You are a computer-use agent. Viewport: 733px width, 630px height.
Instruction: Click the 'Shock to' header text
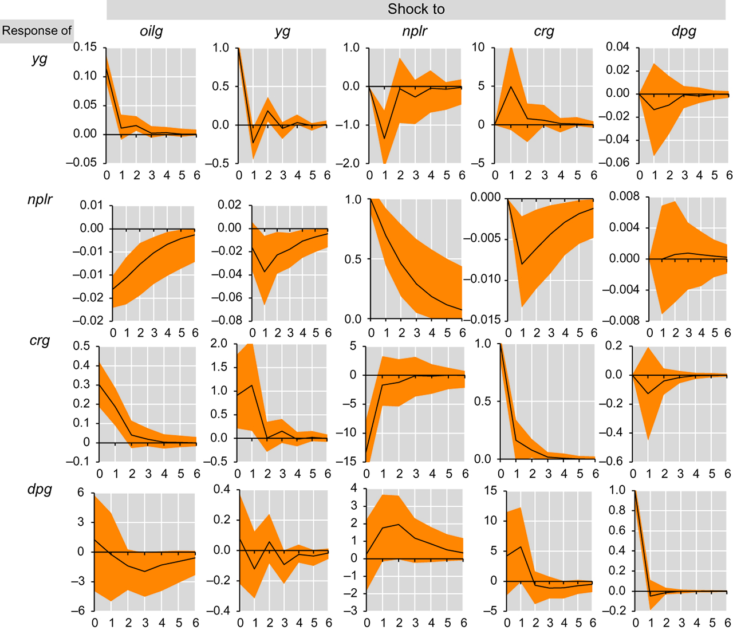[416, 9]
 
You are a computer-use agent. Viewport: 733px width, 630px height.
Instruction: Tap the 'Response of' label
[37, 30]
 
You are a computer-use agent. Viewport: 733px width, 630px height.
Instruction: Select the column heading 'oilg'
[151, 31]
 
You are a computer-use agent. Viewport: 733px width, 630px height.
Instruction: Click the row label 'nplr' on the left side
[40, 200]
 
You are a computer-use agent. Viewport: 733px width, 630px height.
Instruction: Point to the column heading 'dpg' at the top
[684, 31]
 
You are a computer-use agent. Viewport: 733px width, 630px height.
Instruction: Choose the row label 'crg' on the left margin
[40, 341]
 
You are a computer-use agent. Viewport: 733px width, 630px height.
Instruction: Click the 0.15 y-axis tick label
[85, 48]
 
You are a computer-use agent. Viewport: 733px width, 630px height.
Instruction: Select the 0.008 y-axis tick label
[624, 197]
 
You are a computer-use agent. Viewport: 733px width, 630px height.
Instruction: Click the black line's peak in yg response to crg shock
[511, 86]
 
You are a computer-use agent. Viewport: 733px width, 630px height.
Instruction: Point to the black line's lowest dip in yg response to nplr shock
[385, 138]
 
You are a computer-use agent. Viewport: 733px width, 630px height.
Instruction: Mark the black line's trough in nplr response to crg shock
[522, 264]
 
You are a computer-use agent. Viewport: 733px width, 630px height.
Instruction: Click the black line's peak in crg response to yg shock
[252, 385]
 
